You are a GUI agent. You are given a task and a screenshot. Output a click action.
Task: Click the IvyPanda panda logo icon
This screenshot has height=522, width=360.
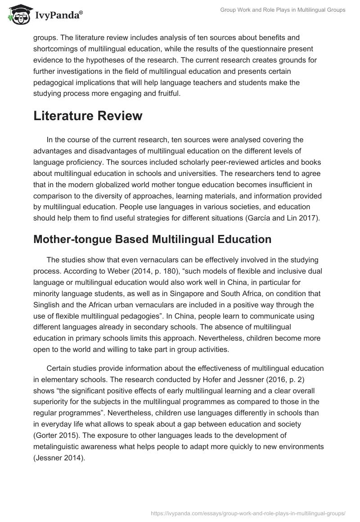18,15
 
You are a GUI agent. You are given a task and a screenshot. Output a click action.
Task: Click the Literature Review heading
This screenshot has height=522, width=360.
88,116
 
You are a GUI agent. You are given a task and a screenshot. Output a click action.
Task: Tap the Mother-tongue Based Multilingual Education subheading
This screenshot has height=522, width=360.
152,239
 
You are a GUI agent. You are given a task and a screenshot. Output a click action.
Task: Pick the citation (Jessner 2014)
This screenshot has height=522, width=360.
58,457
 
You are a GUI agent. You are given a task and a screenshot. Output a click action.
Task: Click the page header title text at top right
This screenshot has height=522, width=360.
283,10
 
